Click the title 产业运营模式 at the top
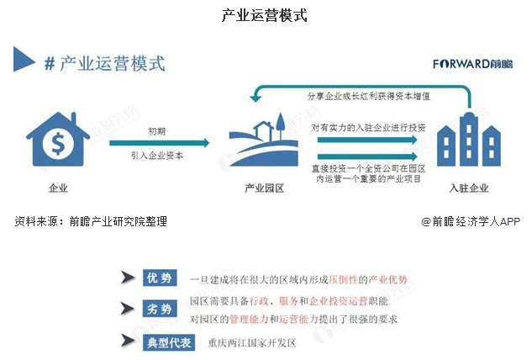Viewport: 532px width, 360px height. point(266,15)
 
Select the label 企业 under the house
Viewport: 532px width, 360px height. point(58,188)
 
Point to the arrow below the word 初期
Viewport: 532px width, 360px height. point(158,143)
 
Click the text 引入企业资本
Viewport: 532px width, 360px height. point(157,156)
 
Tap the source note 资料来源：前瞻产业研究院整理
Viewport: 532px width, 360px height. point(91,221)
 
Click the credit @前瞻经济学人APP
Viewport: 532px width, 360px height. point(471,221)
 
